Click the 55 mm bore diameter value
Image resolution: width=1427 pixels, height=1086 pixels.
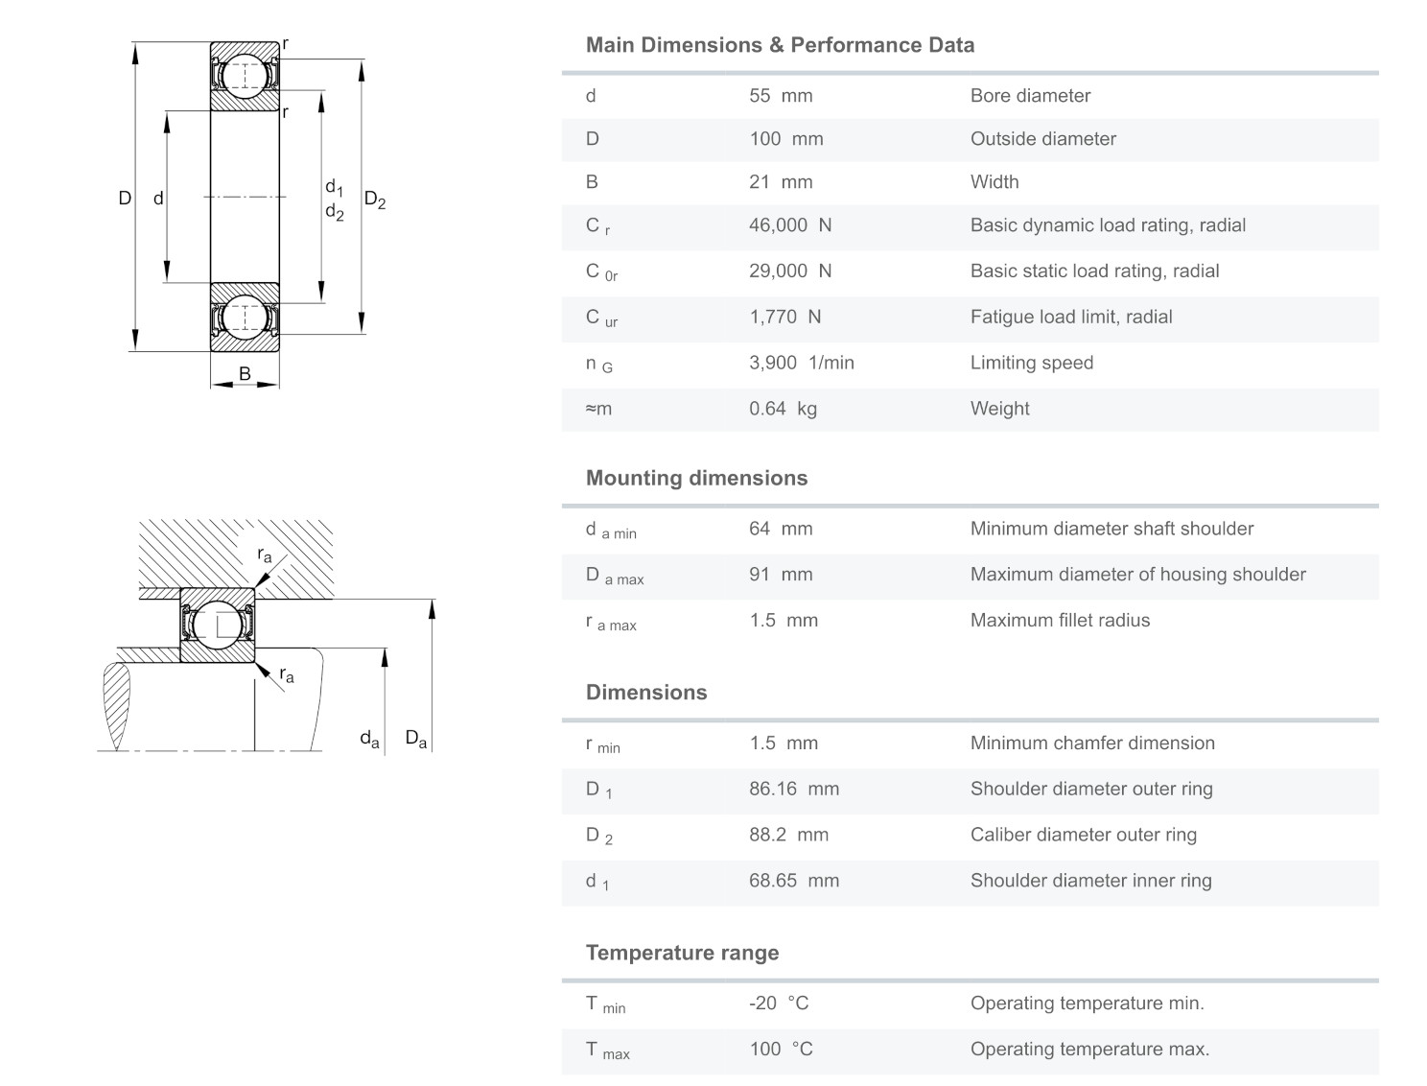tap(781, 96)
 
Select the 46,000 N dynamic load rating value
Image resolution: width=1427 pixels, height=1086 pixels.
tap(790, 225)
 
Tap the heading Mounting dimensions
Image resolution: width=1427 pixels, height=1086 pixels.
tap(696, 478)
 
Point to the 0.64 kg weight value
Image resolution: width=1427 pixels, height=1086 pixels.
tap(783, 409)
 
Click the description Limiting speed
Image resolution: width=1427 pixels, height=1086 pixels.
tap(1031, 363)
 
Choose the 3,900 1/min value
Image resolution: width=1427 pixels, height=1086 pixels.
tap(801, 363)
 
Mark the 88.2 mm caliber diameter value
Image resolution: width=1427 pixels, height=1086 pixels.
tap(788, 835)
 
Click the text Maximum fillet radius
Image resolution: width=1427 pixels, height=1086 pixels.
tap(1060, 621)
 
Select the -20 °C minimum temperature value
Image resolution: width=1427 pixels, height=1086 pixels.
tap(779, 1003)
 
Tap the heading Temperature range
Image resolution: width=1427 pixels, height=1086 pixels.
tap(682, 953)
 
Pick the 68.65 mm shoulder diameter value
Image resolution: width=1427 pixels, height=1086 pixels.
tap(793, 881)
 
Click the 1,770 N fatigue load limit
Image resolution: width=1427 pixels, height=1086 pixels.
tap(784, 317)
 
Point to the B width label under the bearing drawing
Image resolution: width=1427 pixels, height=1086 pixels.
tap(245, 373)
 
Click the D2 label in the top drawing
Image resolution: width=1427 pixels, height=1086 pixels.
tap(374, 201)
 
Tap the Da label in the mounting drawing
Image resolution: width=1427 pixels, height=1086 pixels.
tap(415, 739)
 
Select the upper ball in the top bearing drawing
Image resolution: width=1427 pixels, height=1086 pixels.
tap(245, 76)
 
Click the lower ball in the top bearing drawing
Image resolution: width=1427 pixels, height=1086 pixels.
tap(245, 317)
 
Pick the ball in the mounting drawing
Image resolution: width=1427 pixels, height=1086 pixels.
tap(218, 625)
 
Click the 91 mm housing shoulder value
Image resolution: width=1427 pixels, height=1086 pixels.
tap(781, 575)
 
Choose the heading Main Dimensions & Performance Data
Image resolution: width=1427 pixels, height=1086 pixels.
tap(780, 45)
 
